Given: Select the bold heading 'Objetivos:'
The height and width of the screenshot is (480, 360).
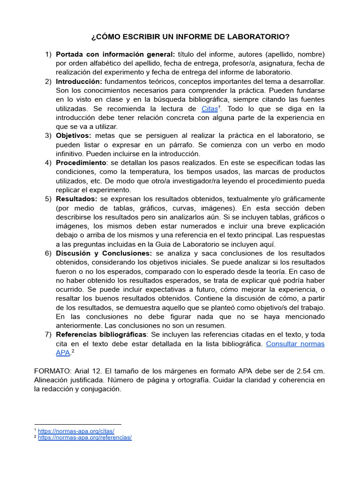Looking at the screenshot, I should coord(74,135).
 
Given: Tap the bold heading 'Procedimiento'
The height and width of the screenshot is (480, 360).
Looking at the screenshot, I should coord(81,163).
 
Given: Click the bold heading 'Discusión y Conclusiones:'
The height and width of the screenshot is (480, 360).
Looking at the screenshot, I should coord(104,253).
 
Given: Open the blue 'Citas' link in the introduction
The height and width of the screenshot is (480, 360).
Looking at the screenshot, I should coord(210,109).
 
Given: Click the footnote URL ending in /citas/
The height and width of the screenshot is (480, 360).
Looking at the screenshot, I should coord(76,430).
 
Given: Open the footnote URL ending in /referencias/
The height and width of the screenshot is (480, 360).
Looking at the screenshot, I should coord(84,437).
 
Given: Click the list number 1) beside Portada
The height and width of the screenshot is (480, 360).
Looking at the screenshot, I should coord(49,54).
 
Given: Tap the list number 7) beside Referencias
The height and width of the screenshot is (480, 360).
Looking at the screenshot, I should coord(49,335).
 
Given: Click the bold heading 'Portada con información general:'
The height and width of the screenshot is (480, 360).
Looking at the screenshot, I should coord(115,54).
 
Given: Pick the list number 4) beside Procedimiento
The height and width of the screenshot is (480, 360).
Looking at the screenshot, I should coord(49,163).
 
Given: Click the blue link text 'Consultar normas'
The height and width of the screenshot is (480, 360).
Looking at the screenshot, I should coord(295,344).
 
